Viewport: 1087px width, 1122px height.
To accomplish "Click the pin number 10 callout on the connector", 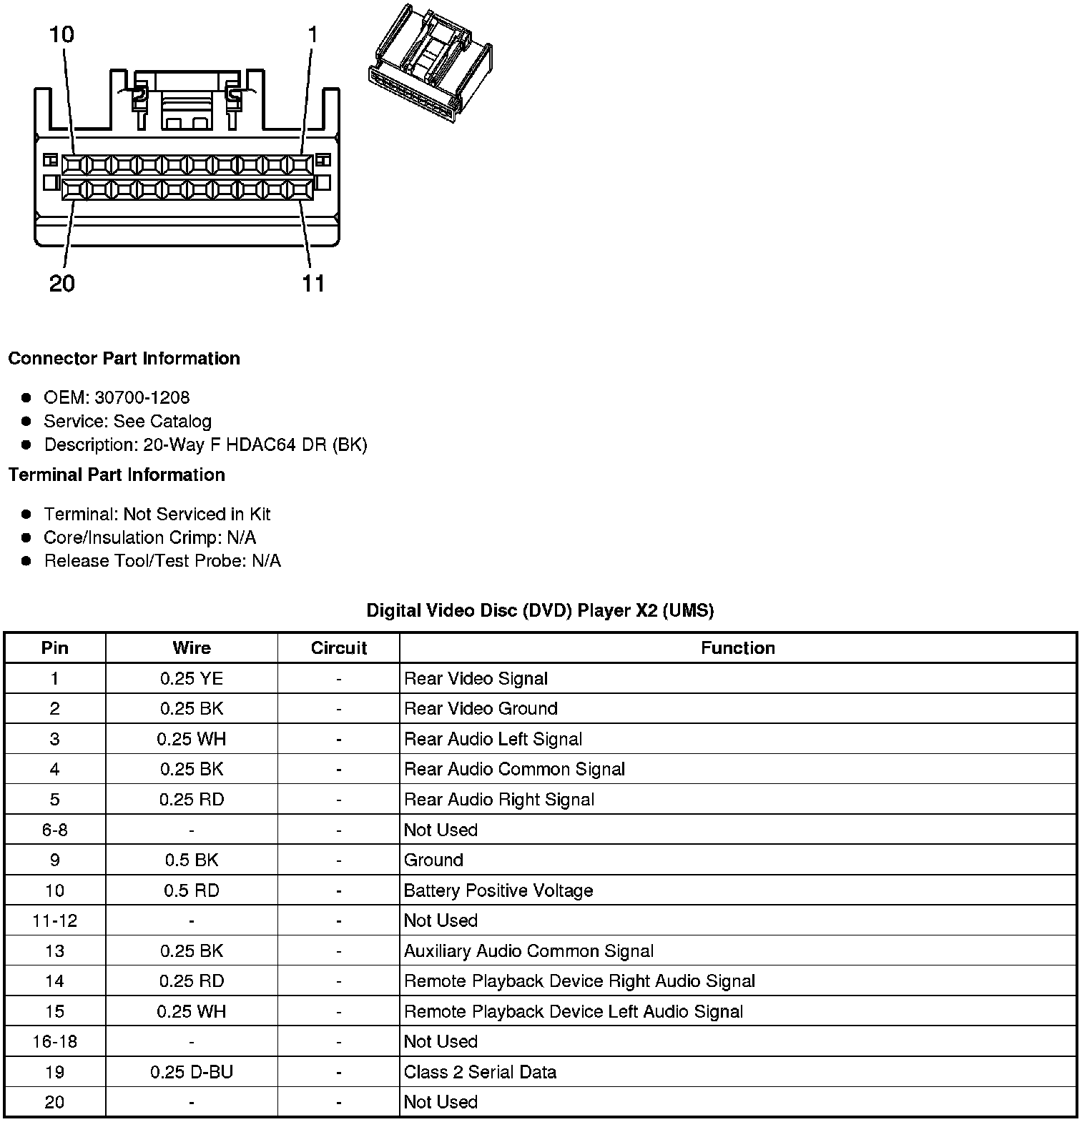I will [x=62, y=34].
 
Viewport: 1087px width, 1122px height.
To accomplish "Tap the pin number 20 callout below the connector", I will [x=62, y=284].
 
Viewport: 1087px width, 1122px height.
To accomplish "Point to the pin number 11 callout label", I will [x=313, y=284].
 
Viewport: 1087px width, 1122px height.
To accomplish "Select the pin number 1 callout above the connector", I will [x=313, y=34].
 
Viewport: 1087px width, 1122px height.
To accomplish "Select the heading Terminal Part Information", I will [x=117, y=475].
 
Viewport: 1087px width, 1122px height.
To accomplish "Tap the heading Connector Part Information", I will [x=124, y=358].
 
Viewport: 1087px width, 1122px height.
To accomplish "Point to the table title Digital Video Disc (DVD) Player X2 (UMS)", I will [x=540, y=610].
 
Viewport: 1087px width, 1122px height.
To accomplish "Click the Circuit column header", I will [x=338, y=648].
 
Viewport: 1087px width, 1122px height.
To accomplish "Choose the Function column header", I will [x=737, y=648].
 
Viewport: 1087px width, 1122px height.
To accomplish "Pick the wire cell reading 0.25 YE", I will [x=192, y=678].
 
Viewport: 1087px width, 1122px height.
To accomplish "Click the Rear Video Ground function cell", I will [x=481, y=708].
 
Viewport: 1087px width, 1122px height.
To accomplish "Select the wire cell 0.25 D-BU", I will [x=192, y=1072].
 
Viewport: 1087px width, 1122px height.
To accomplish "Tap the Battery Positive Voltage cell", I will [x=498, y=890].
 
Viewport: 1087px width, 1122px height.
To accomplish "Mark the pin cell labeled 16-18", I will [x=54, y=1041].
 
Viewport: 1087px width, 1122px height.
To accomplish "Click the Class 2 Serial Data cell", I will [x=480, y=1072].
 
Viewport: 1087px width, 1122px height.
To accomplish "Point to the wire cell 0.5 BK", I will [x=192, y=860].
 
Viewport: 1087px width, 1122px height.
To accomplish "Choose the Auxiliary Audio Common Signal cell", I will [x=528, y=951].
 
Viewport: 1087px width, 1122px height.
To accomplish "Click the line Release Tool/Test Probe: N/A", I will [x=162, y=561].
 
